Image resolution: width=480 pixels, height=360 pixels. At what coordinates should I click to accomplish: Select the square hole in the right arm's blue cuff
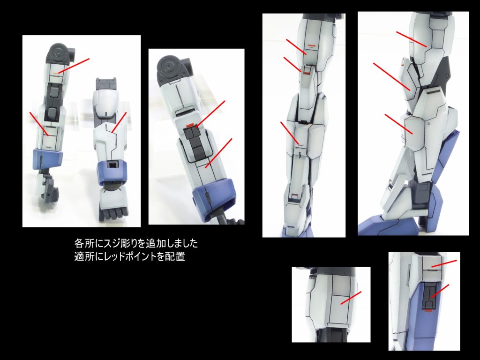click(x=113, y=165)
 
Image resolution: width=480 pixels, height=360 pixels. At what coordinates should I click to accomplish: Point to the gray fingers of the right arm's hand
click(x=111, y=213)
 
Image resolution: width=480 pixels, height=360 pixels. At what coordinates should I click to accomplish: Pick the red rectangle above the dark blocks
click(x=190, y=126)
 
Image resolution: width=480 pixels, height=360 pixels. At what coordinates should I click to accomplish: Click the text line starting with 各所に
click(x=136, y=244)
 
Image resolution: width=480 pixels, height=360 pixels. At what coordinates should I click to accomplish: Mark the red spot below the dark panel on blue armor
click(x=427, y=314)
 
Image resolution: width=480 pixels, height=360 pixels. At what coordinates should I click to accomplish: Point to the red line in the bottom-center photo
click(x=351, y=298)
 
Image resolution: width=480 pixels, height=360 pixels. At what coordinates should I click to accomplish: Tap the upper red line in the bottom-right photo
click(x=443, y=264)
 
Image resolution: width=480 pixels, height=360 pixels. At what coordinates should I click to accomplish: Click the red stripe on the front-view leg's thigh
click(x=309, y=47)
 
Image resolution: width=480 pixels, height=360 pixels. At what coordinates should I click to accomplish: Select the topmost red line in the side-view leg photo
click(x=411, y=39)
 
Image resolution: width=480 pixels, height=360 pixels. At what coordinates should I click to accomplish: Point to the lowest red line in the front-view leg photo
click(x=290, y=133)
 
